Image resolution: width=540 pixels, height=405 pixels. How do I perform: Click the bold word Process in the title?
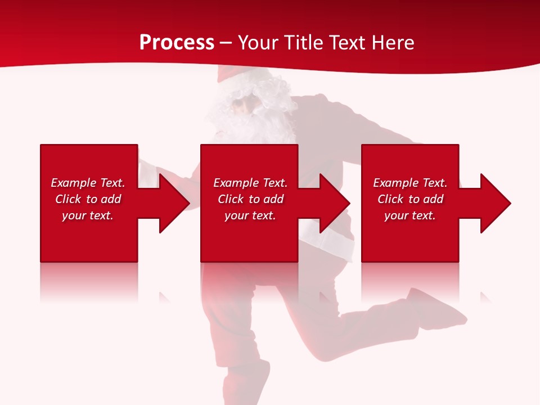pos(177,43)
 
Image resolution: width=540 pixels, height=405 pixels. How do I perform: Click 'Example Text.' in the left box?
pos(88,183)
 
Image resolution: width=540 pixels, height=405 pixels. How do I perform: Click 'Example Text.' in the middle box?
pos(250,183)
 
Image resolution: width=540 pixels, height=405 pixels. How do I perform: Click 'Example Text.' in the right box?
pos(410,183)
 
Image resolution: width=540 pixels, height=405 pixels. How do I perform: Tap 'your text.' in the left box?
pos(88,215)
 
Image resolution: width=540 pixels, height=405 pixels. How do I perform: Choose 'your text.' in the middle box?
pos(250,215)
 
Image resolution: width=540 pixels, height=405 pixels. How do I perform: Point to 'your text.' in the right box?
pos(410,215)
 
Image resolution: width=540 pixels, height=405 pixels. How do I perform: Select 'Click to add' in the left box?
pos(88,199)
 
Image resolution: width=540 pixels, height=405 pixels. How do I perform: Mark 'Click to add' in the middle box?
pos(250,199)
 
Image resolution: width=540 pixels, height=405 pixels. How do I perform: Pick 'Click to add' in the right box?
pos(410,199)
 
